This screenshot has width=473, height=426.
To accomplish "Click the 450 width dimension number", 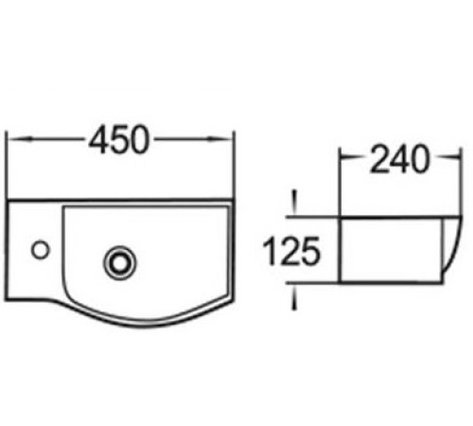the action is tap(118, 140).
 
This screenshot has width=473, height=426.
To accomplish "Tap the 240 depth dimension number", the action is tap(399, 159).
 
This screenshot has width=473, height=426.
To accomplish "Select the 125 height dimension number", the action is tap(290, 252).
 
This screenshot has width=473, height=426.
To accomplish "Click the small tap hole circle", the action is tap(41, 250).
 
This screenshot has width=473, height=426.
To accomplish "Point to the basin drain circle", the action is tap(120, 262).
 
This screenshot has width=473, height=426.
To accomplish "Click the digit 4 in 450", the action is tap(98, 140).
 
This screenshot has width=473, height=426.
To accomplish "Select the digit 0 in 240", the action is tap(420, 159).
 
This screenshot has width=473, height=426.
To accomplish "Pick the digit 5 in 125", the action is tap(310, 252).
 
